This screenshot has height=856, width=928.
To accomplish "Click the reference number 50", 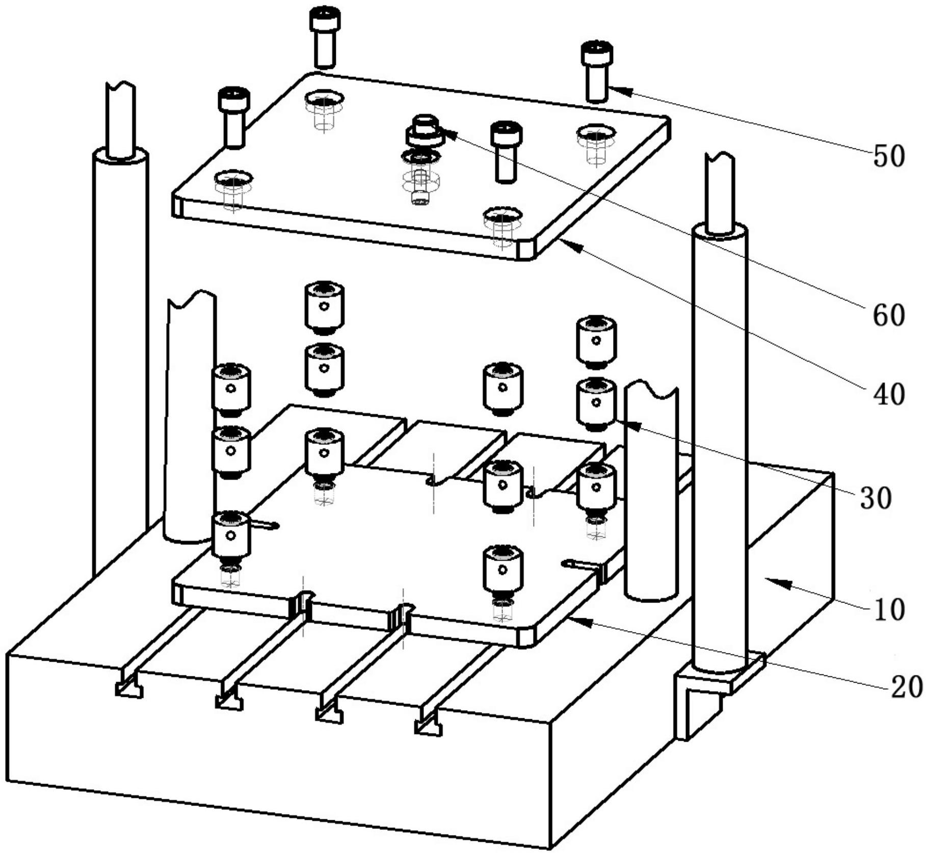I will [889, 156].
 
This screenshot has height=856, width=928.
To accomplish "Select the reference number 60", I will [889, 315].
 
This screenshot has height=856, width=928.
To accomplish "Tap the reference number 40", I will [889, 394].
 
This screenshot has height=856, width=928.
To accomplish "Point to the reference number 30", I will [876, 497].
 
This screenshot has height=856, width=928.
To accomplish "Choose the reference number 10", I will [889, 610].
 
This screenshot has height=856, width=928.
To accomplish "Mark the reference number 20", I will [907, 687].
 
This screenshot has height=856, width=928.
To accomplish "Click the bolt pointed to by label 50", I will [596, 71].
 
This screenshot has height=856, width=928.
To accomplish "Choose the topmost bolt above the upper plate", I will [325, 37].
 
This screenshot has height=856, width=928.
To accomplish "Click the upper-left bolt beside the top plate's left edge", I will [234, 117].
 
